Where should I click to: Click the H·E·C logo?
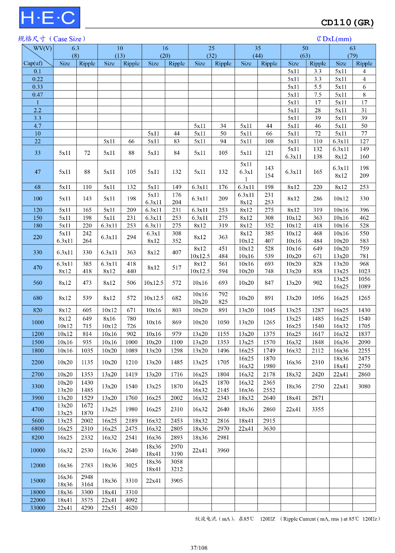click(x=49, y=18)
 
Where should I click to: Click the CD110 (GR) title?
click(x=347, y=23)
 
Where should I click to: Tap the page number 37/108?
click(x=199, y=547)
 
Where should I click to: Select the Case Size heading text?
click(x=51, y=39)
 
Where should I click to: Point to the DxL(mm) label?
click(x=334, y=39)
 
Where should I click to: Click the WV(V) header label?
click(x=43, y=48)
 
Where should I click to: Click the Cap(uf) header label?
click(x=33, y=63)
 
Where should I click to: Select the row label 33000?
click(x=38, y=508)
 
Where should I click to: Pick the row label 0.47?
click(x=38, y=95)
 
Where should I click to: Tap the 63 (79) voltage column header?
click(x=352, y=52)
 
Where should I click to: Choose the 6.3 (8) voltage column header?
click(x=75, y=52)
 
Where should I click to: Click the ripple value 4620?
click(x=131, y=508)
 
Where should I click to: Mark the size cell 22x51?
click(x=109, y=508)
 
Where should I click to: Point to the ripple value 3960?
click(x=223, y=450)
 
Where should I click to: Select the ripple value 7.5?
click(x=318, y=95)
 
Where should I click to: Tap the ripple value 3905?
click(x=177, y=481)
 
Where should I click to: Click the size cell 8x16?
click(x=109, y=319)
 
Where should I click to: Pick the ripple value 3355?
click(x=318, y=409)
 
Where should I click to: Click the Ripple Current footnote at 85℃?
click(x=287, y=519)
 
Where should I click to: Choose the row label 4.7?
click(x=38, y=126)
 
